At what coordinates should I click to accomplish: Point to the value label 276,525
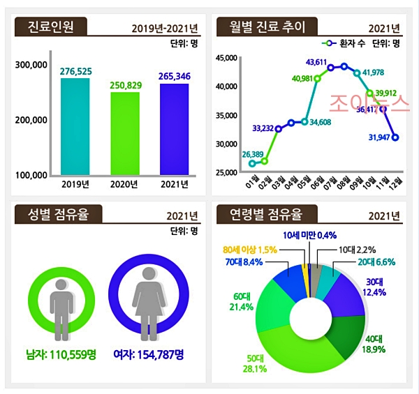tap(75, 72)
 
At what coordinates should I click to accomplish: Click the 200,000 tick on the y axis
tap(31, 120)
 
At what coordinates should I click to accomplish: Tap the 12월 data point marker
tap(395, 137)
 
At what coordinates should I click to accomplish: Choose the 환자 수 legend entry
tap(347, 43)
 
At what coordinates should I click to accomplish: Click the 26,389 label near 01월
tap(253, 154)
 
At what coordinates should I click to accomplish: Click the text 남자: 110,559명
tap(61, 355)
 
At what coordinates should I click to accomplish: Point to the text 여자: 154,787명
tap(149, 355)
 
